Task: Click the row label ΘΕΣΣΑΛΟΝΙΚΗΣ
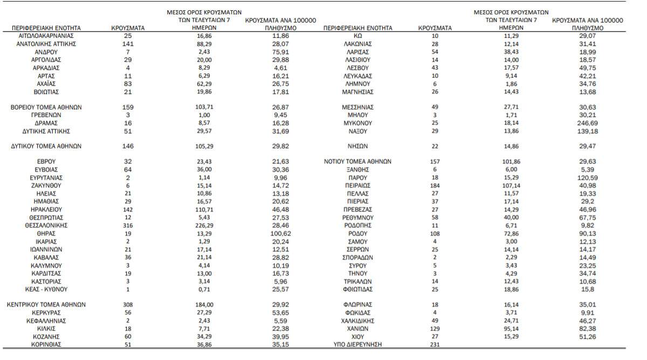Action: pos(46,225)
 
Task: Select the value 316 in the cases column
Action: pos(127,225)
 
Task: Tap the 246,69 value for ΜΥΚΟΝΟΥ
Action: pos(587,123)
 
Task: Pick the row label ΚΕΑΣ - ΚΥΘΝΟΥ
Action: pos(46,289)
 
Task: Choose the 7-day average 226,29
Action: pos(204,225)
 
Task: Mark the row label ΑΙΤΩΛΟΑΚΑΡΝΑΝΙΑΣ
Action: pos(46,36)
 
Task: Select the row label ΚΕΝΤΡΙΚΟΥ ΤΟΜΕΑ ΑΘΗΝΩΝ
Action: pos(46,304)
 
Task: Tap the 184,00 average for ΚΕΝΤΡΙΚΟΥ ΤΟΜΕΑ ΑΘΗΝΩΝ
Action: pos(204,304)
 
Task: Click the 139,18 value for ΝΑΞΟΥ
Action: pos(587,131)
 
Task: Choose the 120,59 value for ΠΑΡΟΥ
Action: pos(587,177)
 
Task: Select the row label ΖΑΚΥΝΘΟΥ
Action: pos(46,185)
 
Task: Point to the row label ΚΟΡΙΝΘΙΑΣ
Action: pos(46,344)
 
